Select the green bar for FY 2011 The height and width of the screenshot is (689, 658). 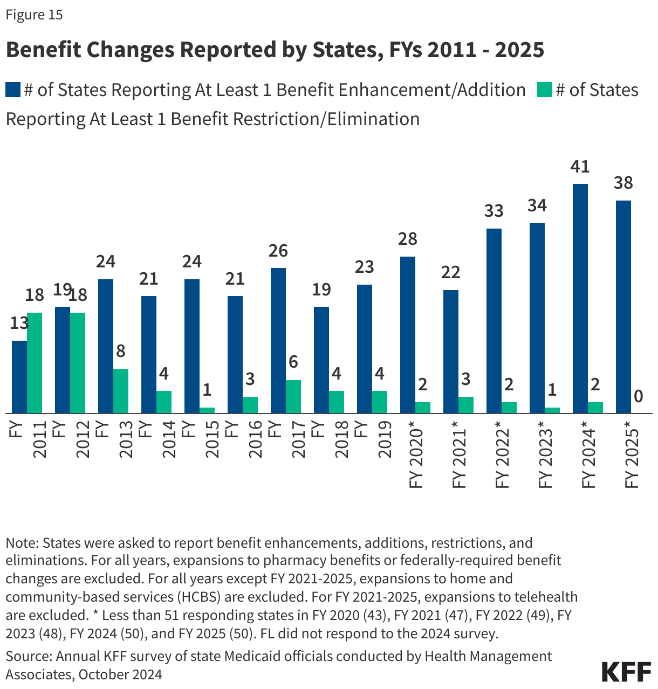coord(35,363)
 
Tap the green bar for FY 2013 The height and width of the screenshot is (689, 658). coord(121,391)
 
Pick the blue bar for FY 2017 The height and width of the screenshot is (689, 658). coord(278,341)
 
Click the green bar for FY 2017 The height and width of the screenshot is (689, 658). coord(293,396)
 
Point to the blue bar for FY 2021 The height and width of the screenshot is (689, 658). coord(451,352)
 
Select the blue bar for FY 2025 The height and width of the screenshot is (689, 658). coord(623,307)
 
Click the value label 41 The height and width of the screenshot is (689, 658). coord(580,167)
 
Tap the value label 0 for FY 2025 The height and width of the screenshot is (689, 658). coord(639,397)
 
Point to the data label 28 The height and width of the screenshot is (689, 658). coord(408,239)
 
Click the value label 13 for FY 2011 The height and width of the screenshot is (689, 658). coord(19,323)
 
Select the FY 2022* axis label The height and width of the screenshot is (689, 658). coord(502,458)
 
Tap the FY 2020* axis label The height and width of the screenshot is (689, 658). coord(416,458)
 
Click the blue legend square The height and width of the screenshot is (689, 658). coord(13,90)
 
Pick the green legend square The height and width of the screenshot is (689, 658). coord(545,90)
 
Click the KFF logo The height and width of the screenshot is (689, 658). coord(626,672)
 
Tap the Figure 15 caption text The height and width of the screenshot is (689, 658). coord(34,15)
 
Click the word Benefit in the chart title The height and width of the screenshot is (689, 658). coord(43,50)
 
